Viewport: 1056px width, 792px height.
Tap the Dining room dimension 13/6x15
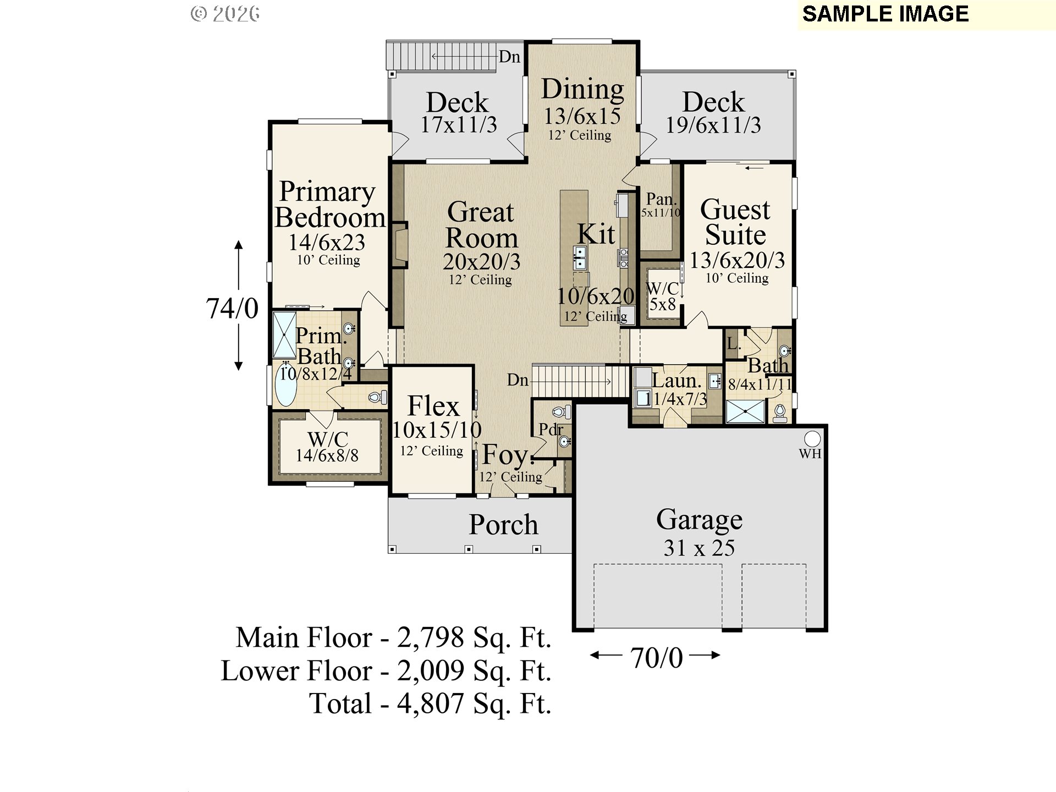[x=582, y=116]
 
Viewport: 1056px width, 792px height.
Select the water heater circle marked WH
[x=812, y=439]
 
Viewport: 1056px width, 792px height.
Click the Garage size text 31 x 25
[x=699, y=548]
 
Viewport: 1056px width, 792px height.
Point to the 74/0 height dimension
[x=232, y=308]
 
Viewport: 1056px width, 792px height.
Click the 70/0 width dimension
[x=656, y=658]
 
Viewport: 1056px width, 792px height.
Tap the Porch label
[x=503, y=524]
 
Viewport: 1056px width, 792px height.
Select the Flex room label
[x=433, y=406]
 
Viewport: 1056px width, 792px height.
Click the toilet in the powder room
[x=562, y=412]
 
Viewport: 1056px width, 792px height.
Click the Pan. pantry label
[x=661, y=199]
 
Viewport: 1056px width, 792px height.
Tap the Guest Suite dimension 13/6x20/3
[x=737, y=260]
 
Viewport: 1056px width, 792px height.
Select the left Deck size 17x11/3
[x=459, y=125]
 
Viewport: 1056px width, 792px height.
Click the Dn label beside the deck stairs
[x=509, y=57]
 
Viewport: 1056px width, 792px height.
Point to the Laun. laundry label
[x=676, y=380]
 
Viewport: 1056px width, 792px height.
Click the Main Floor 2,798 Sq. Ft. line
[x=393, y=637]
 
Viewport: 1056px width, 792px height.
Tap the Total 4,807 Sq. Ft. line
[x=430, y=703]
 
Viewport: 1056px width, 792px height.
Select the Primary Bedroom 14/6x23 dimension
[x=327, y=242]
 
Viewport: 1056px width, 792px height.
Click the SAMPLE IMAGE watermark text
[x=885, y=14]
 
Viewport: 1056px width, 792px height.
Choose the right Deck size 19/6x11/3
[x=713, y=125]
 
